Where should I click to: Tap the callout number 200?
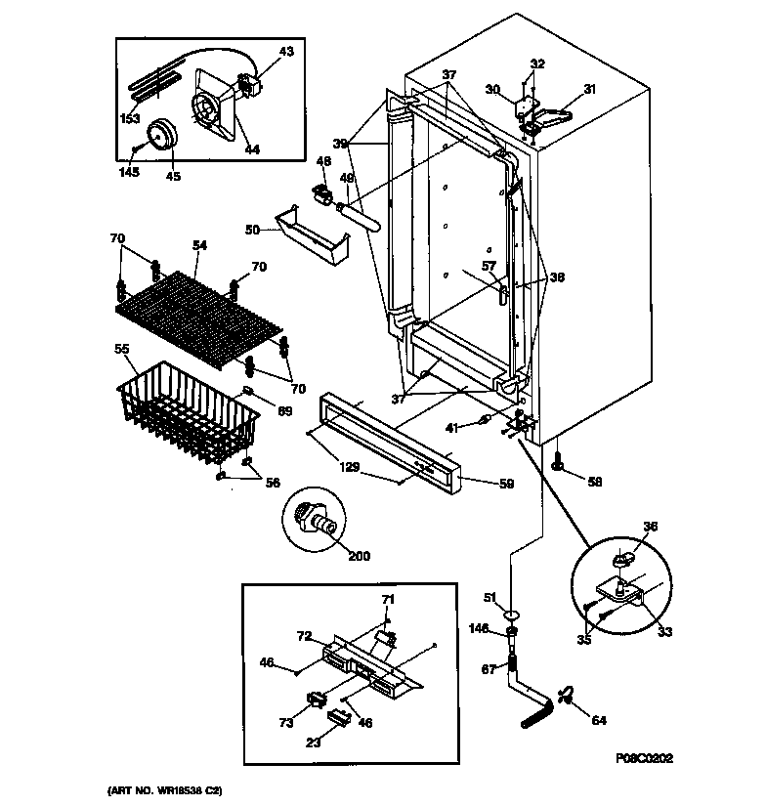point(360,557)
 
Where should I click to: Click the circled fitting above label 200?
point(318,517)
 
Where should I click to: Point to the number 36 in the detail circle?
point(650,527)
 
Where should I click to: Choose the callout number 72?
point(304,636)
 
